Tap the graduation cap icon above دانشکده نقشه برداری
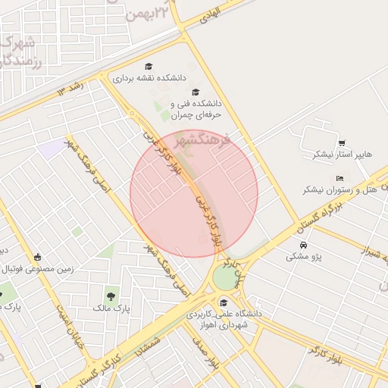(x=149, y=67)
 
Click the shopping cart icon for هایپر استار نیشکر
(x=342, y=142)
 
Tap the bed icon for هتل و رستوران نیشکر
(x=339, y=177)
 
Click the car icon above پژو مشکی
(x=303, y=246)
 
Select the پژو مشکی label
(x=304, y=257)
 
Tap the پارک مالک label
(x=111, y=308)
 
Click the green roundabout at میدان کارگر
(x=225, y=277)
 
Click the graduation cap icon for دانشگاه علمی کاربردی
(x=223, y=303)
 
